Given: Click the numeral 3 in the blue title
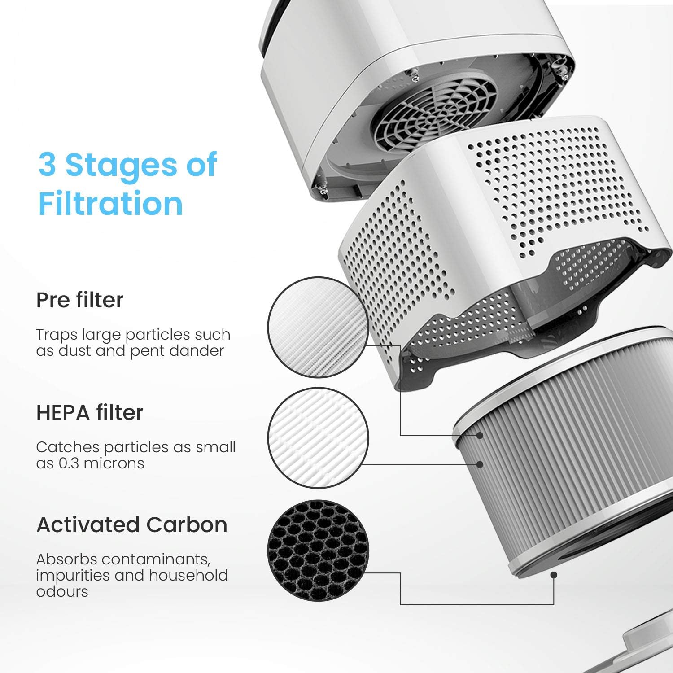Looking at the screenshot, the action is click(x=48, y=164).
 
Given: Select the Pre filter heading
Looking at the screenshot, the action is click(x=80, y=300).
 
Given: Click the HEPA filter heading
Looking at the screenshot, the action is click(x=90, y=413).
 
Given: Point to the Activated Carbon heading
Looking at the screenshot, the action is click(x=132, y=525).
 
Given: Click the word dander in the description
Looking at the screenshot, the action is click(x=200, y=351).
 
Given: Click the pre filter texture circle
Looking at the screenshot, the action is click(x=318, y=327).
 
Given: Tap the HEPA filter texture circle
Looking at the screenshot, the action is click(x=318, y=438).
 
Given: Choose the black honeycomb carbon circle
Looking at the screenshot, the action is click(x=318, y=551).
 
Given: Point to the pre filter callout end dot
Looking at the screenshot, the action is click(x=480, y=435).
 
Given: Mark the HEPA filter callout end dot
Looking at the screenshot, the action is click(x=480, y=464).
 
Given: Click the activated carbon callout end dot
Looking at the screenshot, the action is click(x=554, y=575).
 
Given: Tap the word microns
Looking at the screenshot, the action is click(x=114, y=463).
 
